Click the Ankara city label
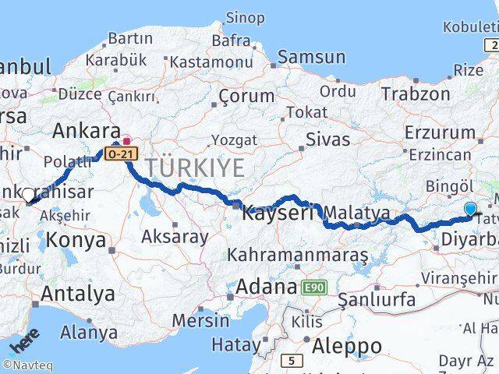coord(86,130)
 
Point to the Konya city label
coord(76,238)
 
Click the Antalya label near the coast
coord(77,294)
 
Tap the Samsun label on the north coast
coord(311,57)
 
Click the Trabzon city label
coord(415,94)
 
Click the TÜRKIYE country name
coord(194,167)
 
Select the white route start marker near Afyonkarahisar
coord(28,195)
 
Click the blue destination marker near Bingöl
coord(470,209)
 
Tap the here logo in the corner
coord(23,342)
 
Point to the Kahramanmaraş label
coord(297,255)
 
